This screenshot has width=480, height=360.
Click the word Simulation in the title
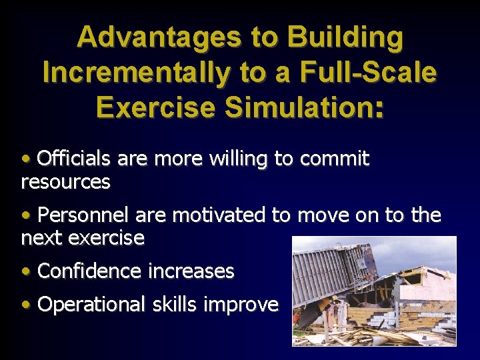(x=313, y=107)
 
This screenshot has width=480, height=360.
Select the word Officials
(x=75, y=159)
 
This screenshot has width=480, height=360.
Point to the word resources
(x=65, y=181)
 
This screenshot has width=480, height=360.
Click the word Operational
(x=91, y=305)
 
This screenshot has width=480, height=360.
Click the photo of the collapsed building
(x=374, y=291)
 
